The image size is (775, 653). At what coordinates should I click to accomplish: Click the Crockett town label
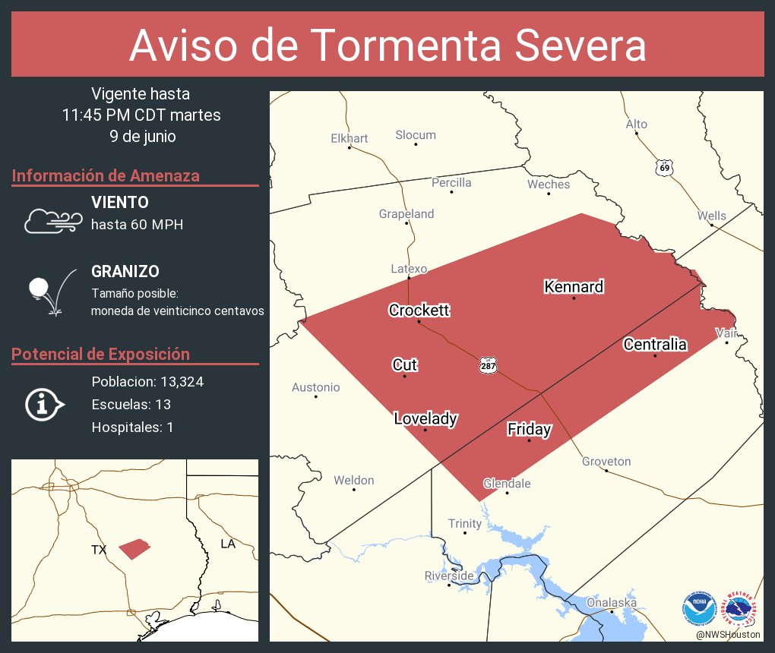(x=419, y=310)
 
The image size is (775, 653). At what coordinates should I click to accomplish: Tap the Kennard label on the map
(x=574, y=286)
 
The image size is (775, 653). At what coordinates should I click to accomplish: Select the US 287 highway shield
(x=488, y=366)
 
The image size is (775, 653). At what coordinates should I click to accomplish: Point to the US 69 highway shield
(x=665, y=167)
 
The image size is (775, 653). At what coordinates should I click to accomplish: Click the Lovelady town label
(x=425, y=418)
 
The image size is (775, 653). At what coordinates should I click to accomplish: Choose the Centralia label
(x=655, y=344)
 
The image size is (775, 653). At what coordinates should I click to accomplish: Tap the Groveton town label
(x=606, y=461)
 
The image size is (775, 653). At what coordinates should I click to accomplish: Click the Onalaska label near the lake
(x=611, y=602)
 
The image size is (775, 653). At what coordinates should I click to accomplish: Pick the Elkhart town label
(x=350, y=138)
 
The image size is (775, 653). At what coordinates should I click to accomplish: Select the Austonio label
(x=316, y=387)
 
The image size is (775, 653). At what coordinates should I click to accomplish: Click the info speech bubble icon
(x=44, y=404)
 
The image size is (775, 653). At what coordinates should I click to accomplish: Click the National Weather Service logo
(x=742, y=607)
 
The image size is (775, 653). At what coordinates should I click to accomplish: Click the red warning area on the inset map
(x=134, y=548)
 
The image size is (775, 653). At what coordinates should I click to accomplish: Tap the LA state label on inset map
(x=228, y=544)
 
